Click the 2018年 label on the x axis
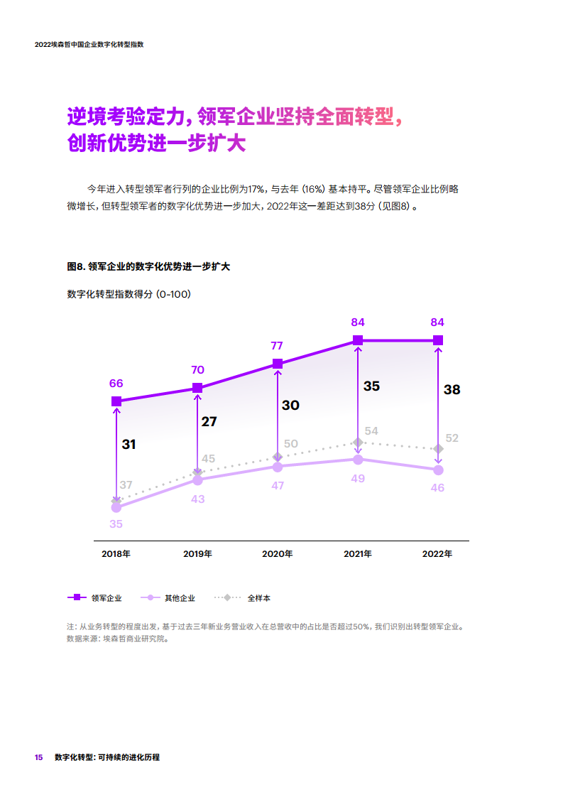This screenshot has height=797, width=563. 116,554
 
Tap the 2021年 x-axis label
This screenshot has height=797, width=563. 357,554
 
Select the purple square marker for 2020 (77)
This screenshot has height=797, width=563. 278,364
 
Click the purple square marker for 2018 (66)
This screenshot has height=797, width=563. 116,401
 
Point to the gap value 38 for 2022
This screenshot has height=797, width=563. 452,389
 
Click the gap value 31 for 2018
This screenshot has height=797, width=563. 129,445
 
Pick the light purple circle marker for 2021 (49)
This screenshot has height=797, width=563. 358,460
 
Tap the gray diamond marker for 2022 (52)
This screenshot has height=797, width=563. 438,449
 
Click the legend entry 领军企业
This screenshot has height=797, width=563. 106,598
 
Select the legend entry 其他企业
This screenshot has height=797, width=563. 180,598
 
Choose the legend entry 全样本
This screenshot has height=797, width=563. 258,598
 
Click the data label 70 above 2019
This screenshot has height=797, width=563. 197,370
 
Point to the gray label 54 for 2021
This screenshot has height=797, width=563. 371,431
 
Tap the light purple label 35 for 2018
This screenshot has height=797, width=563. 116,524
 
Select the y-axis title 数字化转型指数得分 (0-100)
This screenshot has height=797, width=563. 128,294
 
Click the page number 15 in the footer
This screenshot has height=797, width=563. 39,757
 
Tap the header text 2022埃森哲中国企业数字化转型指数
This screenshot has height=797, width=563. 89,44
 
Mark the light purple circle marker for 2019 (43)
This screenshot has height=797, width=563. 197,481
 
